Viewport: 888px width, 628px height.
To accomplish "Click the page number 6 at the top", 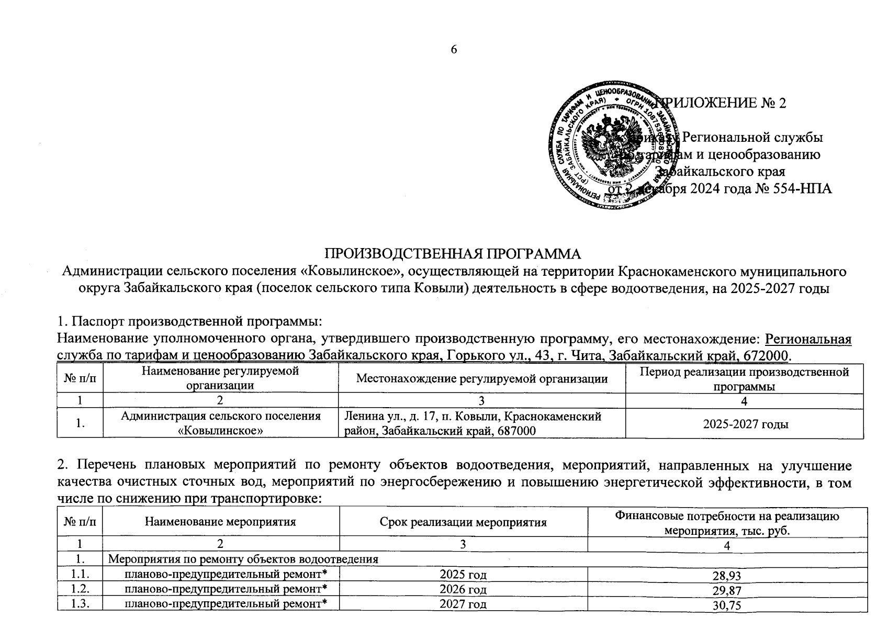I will (454, 50).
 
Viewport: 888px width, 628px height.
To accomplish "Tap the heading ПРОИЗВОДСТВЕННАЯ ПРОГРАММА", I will (453, 254).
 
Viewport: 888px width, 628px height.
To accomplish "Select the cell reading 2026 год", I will (463, 590).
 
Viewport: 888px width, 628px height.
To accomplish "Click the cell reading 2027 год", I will (463, 604).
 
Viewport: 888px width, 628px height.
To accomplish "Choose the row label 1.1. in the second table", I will (80, 575).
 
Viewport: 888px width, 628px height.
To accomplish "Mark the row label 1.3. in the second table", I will (80, 604).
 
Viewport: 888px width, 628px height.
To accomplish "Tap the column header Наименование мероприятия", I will (220, 522).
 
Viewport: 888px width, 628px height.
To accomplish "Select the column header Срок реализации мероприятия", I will (463, 522).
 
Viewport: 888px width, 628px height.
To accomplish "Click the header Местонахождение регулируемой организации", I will (481, 378).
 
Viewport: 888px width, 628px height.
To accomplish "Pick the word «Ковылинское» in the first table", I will (220, 431).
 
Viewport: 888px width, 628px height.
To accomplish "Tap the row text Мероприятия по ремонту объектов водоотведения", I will (243, 559).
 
